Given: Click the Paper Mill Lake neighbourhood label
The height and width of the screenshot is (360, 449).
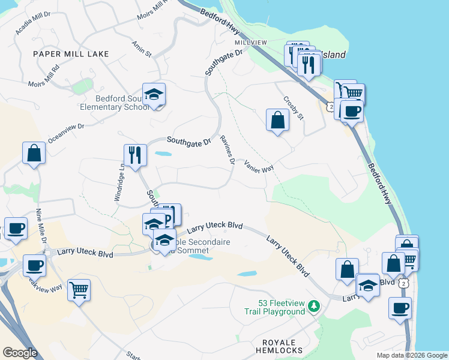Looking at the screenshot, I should pyautogui.click(x=71, y=54).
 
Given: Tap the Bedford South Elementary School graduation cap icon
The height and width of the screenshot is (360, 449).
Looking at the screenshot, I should pyautogui.click(x=154, y=94).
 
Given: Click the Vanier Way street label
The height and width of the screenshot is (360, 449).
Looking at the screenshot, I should pyautogui.click(x=259, y=166).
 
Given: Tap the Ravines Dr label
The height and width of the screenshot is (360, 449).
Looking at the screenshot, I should pyautogui.click(x=227, y=149).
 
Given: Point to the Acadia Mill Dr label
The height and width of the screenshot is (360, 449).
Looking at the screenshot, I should pyautogui.click(x=33, y=23).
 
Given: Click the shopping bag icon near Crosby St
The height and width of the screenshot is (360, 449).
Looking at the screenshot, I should pyautogui.click(x=277, y=120).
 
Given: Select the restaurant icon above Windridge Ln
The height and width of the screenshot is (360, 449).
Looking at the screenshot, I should pyautogui.click(x=135, y=155).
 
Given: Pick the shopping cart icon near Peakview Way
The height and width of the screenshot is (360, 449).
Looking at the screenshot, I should pyautogui.click(x=79, y=290).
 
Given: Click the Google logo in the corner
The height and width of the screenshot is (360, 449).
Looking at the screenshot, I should pyautogui.click(x=20, y=353).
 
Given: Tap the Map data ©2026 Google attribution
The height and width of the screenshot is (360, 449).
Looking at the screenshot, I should pyautogui.click(x=412, y=355).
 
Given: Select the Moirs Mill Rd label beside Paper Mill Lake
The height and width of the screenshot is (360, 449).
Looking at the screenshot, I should pyautogui.click(x=43, y=76).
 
